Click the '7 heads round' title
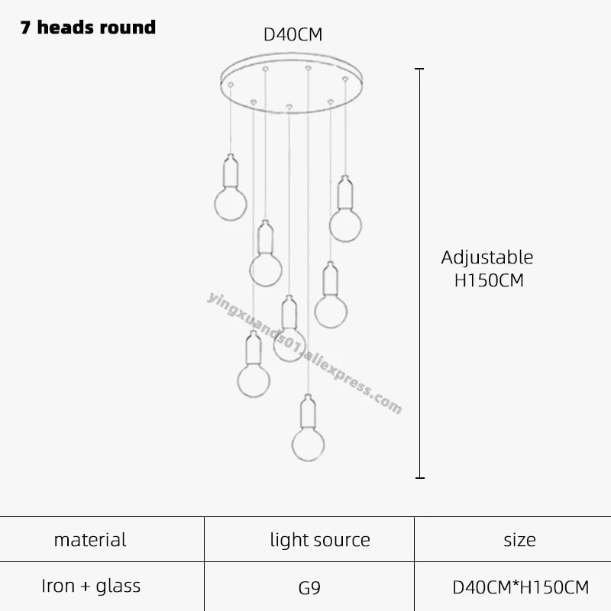click(x=88, y=27)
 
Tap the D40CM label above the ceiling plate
click(x=293, y=34)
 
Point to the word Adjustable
click(x=487, y=258)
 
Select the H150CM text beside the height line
click(x=489, y=280)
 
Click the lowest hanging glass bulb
click(x=309, y=445)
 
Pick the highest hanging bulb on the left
click(x=231, y=204)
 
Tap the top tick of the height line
click(x=419, y=69)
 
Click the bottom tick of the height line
click(x=419, y=478)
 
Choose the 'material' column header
click(x=90, y=540)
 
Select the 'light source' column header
click(x=320, y=540)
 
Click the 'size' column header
click(x=519, y=540)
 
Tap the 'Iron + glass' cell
click(x=91, y=586)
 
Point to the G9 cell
click(x=309, y=588)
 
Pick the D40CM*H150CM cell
click(x=521, y=587)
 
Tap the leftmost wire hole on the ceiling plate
click(x=231, y=85)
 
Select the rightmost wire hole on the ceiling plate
click(x=345, y=79)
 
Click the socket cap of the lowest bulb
click(x=309, y=411)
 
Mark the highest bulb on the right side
click(x=345, y=225)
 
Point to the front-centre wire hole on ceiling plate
click(x=289, y=106)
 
